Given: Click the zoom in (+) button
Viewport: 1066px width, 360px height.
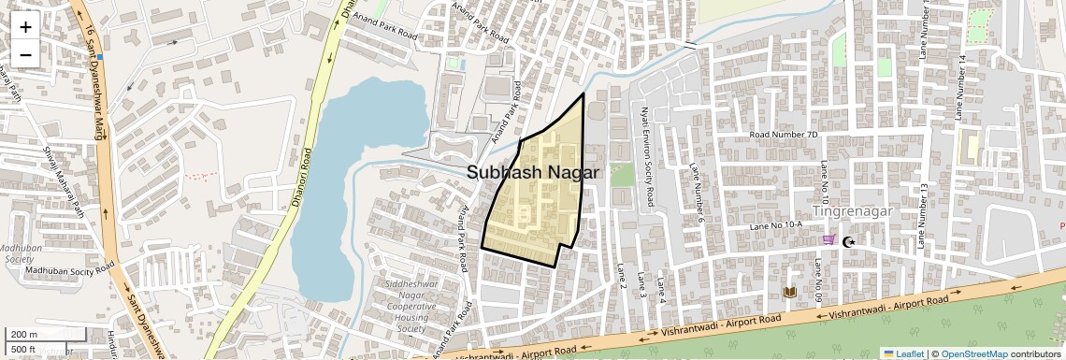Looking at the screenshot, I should (x=25, y=26).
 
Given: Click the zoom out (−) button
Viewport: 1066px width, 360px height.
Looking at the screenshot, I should (x=25, y=54).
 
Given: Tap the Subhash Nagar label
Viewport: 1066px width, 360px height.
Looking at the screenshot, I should (x=533, y=173).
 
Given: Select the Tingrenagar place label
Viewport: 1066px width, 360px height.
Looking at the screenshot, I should (x=853, y=210).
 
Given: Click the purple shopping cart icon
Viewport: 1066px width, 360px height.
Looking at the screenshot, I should (x=828, y=239).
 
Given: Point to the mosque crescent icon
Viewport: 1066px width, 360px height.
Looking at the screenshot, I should (x=849, y=242).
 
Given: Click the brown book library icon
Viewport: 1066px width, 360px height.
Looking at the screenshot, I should (x=789, y=293).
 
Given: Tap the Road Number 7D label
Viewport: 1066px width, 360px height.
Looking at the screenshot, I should (x=783, y=135).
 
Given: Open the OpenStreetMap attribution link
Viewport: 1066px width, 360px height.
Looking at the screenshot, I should (x=973, y=353).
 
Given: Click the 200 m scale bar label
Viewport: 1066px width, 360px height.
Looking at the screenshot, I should (x=22, y=335).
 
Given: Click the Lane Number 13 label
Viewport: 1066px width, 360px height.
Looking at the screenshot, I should (x=924, y=215).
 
